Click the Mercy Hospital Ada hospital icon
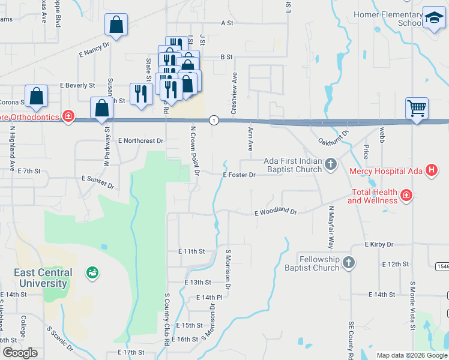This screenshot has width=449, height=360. pyautogui.click(x=430, y=171)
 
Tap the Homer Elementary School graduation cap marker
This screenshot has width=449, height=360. pyautogui.click(x=433, y=19)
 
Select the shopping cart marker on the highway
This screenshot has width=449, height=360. pyautogui.click(x=417, y=109)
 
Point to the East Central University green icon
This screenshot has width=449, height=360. pyautogui.click(x=92, y=273)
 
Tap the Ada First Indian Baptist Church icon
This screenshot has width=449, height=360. pyautogui.click(x=330, y=164)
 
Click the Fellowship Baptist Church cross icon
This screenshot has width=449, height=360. pyautogui.click(x=348, y=263)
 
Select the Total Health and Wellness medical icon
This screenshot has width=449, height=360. pyautogui.click(x=406, y=195)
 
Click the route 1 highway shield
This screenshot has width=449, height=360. pyautogui.click(x=214, y=121)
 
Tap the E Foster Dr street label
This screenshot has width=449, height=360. pyautogui.click(x=239, y=175)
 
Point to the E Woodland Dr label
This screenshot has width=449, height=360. pyautogui.click(x=276, y=212)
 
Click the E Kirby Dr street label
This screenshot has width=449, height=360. pyautogui.click(x=379, y=245)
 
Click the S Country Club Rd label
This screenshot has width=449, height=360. pyautogui.click(x=166, y=319)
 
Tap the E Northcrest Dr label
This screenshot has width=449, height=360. pyautogui.click(x=140, y=140)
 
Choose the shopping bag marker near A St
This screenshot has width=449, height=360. pyautogui.click(x=116, y=26)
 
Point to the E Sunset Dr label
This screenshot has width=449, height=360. pyautogui.click(x=98, y=182)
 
